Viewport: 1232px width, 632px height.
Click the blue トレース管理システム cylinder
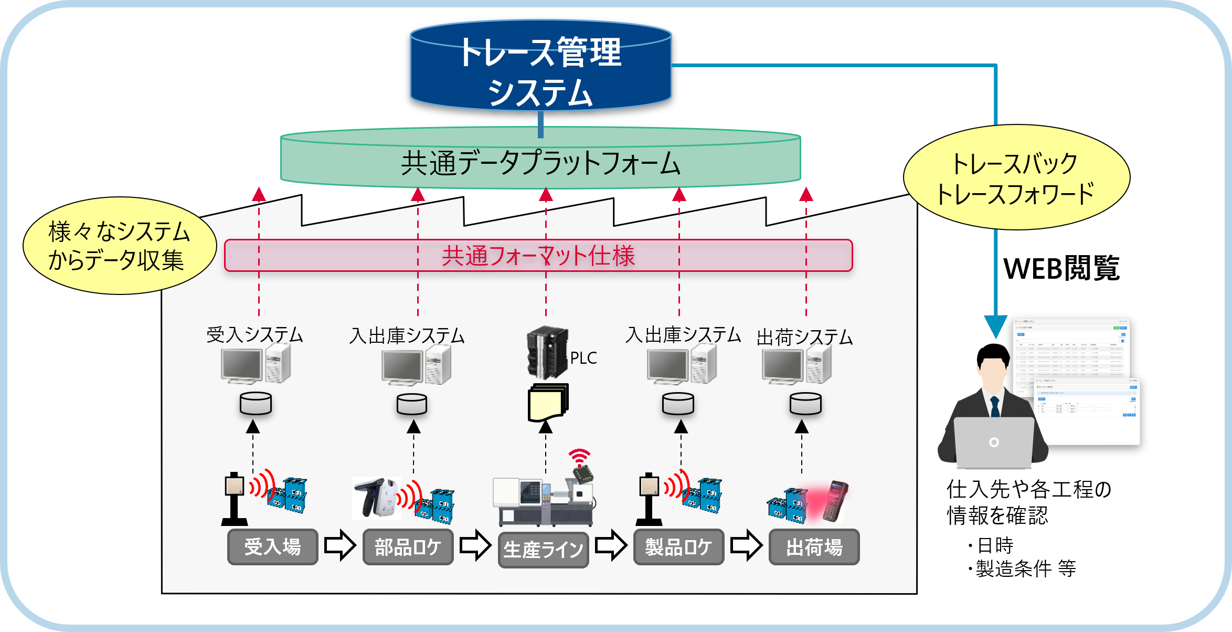coord(540,66)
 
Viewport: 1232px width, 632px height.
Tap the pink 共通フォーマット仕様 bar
coord(538,256)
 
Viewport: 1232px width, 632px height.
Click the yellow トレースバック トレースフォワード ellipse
coord(1016,177)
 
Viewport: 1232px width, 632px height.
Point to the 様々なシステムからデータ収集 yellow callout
coord(120,246)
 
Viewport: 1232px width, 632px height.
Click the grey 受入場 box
coord(272,547)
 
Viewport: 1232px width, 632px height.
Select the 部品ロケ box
coord(408,547)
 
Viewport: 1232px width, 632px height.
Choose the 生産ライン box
coord(543,550)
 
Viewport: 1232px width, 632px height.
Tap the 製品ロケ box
coord(678,547)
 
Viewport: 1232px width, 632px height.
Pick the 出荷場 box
coord(814,547)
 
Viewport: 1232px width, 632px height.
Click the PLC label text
coord(583,358)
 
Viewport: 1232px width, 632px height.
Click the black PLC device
coord(547,353)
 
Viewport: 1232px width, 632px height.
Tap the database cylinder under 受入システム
coord(256,404)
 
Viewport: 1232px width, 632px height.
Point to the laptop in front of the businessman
coord(993,442)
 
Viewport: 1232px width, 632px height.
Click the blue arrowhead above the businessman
coord(995,327)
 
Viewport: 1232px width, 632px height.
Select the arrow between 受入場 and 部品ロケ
coord(339,545)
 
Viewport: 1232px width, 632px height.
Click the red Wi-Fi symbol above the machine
coord(579,457)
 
